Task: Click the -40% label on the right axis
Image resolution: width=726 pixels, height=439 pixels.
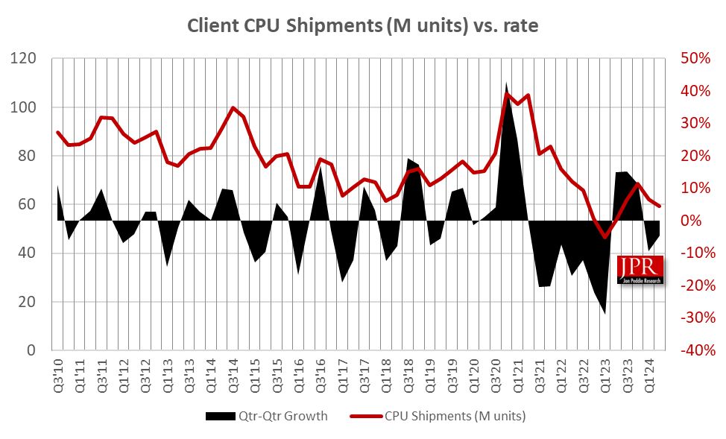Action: point(693,350)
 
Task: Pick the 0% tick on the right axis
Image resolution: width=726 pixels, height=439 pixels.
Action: point(699,221)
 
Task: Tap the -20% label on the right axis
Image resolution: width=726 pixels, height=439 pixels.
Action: point(693,285)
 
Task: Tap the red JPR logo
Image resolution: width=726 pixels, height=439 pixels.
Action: point(640,269)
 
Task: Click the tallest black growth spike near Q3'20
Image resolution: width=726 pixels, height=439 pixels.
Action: point(507,86)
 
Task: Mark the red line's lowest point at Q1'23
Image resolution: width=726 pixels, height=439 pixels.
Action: point(605,237)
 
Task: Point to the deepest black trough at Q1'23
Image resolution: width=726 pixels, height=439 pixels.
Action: point(605,312)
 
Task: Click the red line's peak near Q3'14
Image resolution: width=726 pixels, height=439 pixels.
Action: point(233,107)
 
